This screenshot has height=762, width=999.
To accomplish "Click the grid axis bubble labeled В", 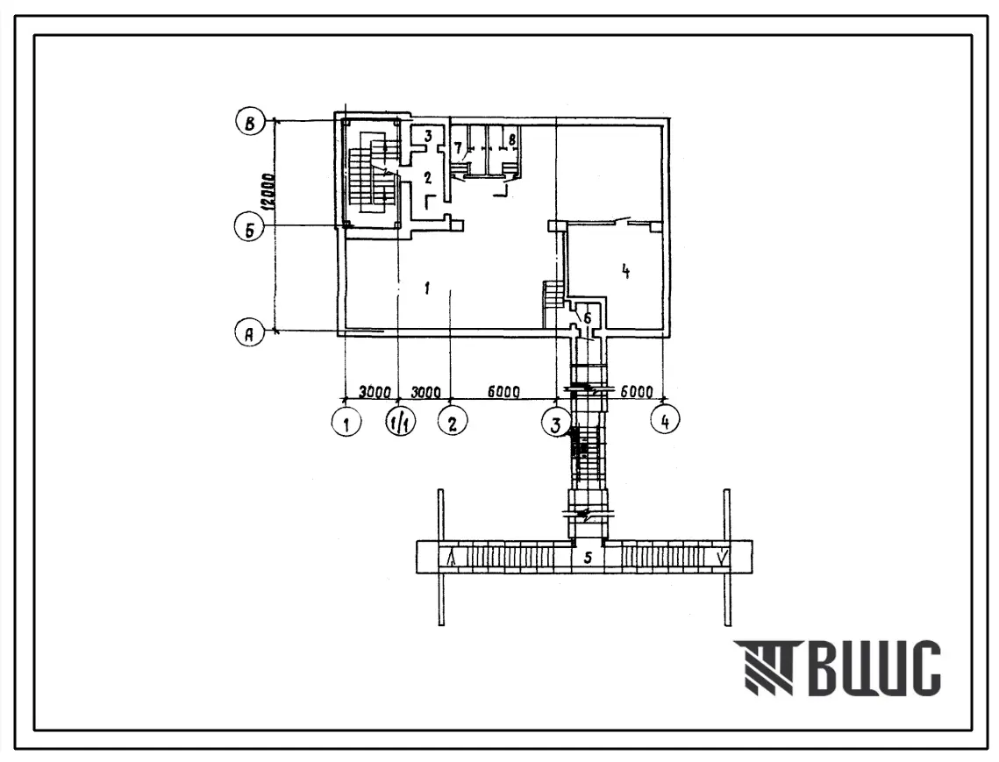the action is coord(250,123).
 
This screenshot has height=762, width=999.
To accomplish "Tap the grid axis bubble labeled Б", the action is coord(249,229).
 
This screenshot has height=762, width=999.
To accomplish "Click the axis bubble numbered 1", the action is coord(346,422).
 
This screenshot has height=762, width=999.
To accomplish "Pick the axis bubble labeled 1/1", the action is coord(400,422).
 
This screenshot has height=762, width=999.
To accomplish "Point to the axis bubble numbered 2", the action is coord(453,422).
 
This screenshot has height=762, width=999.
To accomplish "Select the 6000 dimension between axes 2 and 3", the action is coord(503,391).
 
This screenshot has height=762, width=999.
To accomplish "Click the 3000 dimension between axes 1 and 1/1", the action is coord(374,391).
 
